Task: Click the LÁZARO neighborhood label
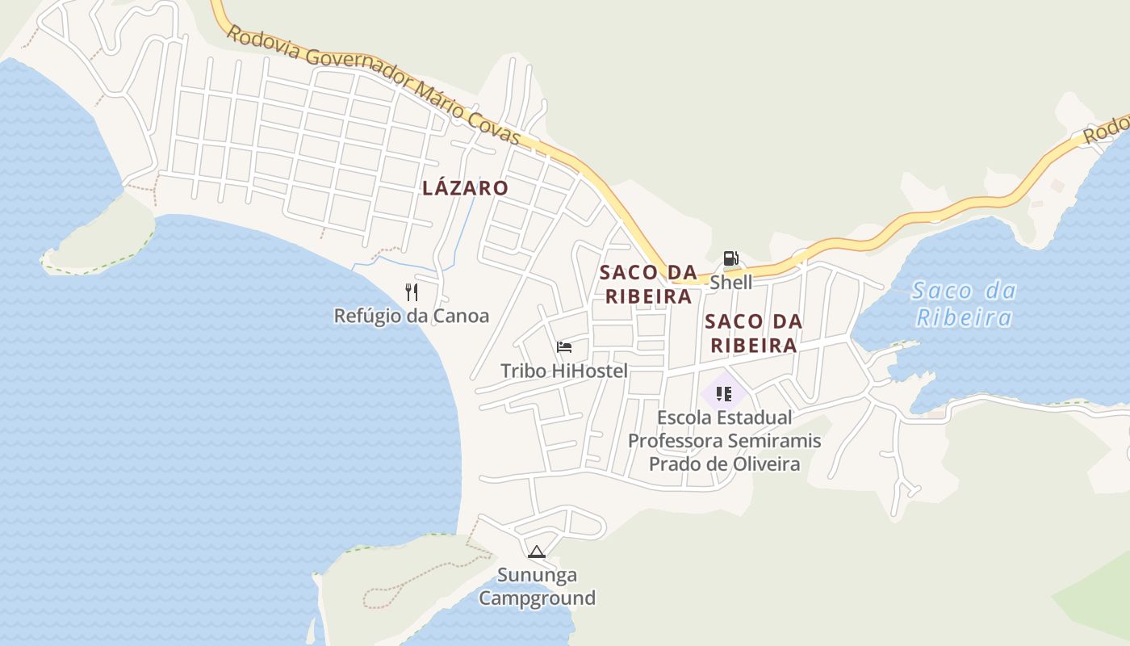click(465, 188)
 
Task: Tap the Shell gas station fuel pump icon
click(730, 258)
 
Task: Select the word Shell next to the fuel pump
click(730, 282)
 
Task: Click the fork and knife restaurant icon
click(412, 292)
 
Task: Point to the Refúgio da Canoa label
click(412, 316)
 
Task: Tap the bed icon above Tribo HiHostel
click(564, 347)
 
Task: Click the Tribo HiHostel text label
click(564, 371)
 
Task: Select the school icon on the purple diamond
click(723, 394)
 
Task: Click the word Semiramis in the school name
click(774, 441)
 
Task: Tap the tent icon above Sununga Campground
click(536, 552)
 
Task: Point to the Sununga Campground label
click(537, 587)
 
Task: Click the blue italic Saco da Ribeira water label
click(964, 304)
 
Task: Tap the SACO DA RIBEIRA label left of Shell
click(648, 283)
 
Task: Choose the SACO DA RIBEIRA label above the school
click(753, 333)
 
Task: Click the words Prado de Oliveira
click(724, 464)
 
